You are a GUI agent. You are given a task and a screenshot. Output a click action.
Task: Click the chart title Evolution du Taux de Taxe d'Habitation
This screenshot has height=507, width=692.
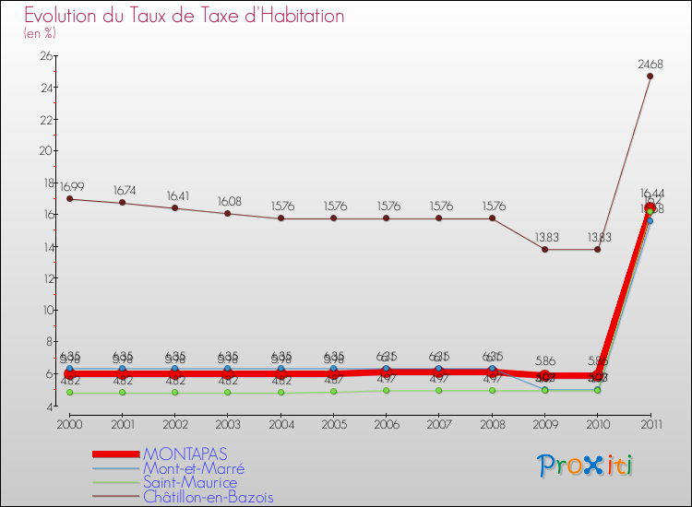(x=185, y=16)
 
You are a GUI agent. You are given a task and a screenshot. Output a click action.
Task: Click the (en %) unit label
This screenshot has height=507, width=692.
(x=40, y=33)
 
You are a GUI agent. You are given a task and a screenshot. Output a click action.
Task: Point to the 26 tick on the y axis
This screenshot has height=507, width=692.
(x=45, y=56)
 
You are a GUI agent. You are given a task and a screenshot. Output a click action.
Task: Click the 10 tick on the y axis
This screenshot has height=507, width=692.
(x=45, y=310)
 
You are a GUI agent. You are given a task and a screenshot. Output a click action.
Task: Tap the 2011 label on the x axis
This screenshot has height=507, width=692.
(x=650, y=423)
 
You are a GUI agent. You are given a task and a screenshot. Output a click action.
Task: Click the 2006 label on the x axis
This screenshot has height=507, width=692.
(x=386, y=423)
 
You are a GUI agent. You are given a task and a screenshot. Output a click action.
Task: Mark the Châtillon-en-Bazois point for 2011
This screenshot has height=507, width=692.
(x=650, y=77)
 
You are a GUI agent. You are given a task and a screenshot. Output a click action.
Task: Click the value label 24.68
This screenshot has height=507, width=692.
(x=650, y=64)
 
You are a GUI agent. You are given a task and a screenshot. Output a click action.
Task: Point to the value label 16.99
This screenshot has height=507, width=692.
(x=72, y=187)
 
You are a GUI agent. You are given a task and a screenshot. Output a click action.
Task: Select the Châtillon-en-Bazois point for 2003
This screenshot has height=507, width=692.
(x=228, y=214)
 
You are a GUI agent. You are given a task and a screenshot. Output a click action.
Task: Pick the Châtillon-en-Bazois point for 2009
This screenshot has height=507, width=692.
(x=544, y=249)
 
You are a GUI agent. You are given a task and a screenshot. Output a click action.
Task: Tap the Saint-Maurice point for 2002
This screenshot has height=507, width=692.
(x=175, y=393)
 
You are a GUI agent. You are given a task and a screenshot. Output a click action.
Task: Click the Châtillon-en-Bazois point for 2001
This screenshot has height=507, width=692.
(x=123, y=203)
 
